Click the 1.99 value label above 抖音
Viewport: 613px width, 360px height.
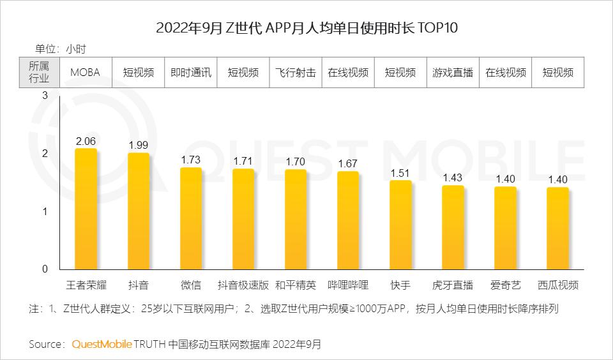coord(139,146)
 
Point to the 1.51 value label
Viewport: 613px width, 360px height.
coord(400,173)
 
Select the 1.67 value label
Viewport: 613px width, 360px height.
coord(348,164)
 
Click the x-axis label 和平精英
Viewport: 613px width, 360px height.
coord(296,285)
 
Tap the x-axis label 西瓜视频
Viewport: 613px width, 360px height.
coord(557,285)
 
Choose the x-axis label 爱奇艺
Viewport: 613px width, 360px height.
coord(505,285)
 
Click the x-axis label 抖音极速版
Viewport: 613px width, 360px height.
coord(243,285)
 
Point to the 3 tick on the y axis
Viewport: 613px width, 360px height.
coord(45,96)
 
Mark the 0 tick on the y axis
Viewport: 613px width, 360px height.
coord(45,269)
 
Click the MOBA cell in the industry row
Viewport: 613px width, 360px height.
coord(85,72)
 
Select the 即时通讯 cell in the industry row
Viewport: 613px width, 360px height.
coord(190,72)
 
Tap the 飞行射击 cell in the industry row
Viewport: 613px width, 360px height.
coord(296,72)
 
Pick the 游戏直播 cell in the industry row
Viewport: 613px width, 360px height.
coord(453,72)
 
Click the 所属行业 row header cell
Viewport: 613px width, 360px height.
coord(39,72)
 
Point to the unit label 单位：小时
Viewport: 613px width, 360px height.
coord(61,49)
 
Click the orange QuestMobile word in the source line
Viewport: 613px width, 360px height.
coord(102,345)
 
